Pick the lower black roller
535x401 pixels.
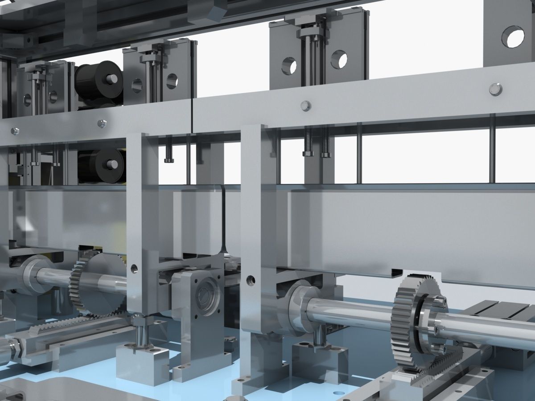96,165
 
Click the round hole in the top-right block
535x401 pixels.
515,37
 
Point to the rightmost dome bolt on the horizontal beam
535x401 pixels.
495,89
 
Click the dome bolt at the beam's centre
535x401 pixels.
305,106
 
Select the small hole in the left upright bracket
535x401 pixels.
134,269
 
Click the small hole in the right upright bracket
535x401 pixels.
251,280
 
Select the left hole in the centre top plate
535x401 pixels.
289,65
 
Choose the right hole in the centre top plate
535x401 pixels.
339,60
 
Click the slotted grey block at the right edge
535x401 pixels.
504,312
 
